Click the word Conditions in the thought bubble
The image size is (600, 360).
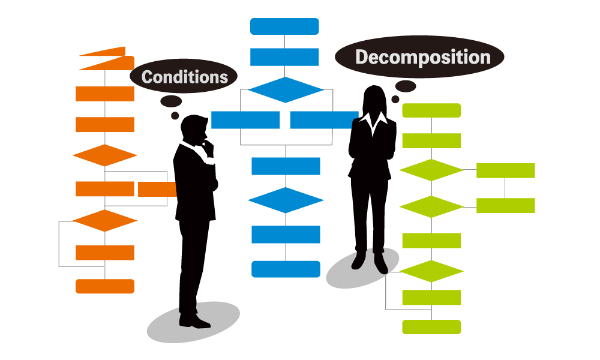184,77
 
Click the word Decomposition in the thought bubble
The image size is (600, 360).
423,58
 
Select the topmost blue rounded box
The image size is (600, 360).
284,26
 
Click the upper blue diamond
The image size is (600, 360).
286,90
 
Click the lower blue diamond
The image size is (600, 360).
286,200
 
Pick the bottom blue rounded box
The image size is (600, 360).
286,269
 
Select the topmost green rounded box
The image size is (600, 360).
431,110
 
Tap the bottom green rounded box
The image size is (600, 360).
431,327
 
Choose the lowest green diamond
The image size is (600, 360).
431,271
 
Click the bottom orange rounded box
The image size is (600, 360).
105,286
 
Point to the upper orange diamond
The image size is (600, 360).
105,155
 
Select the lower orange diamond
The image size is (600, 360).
105,221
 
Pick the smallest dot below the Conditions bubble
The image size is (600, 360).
175,116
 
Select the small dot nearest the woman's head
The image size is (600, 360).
395,100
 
